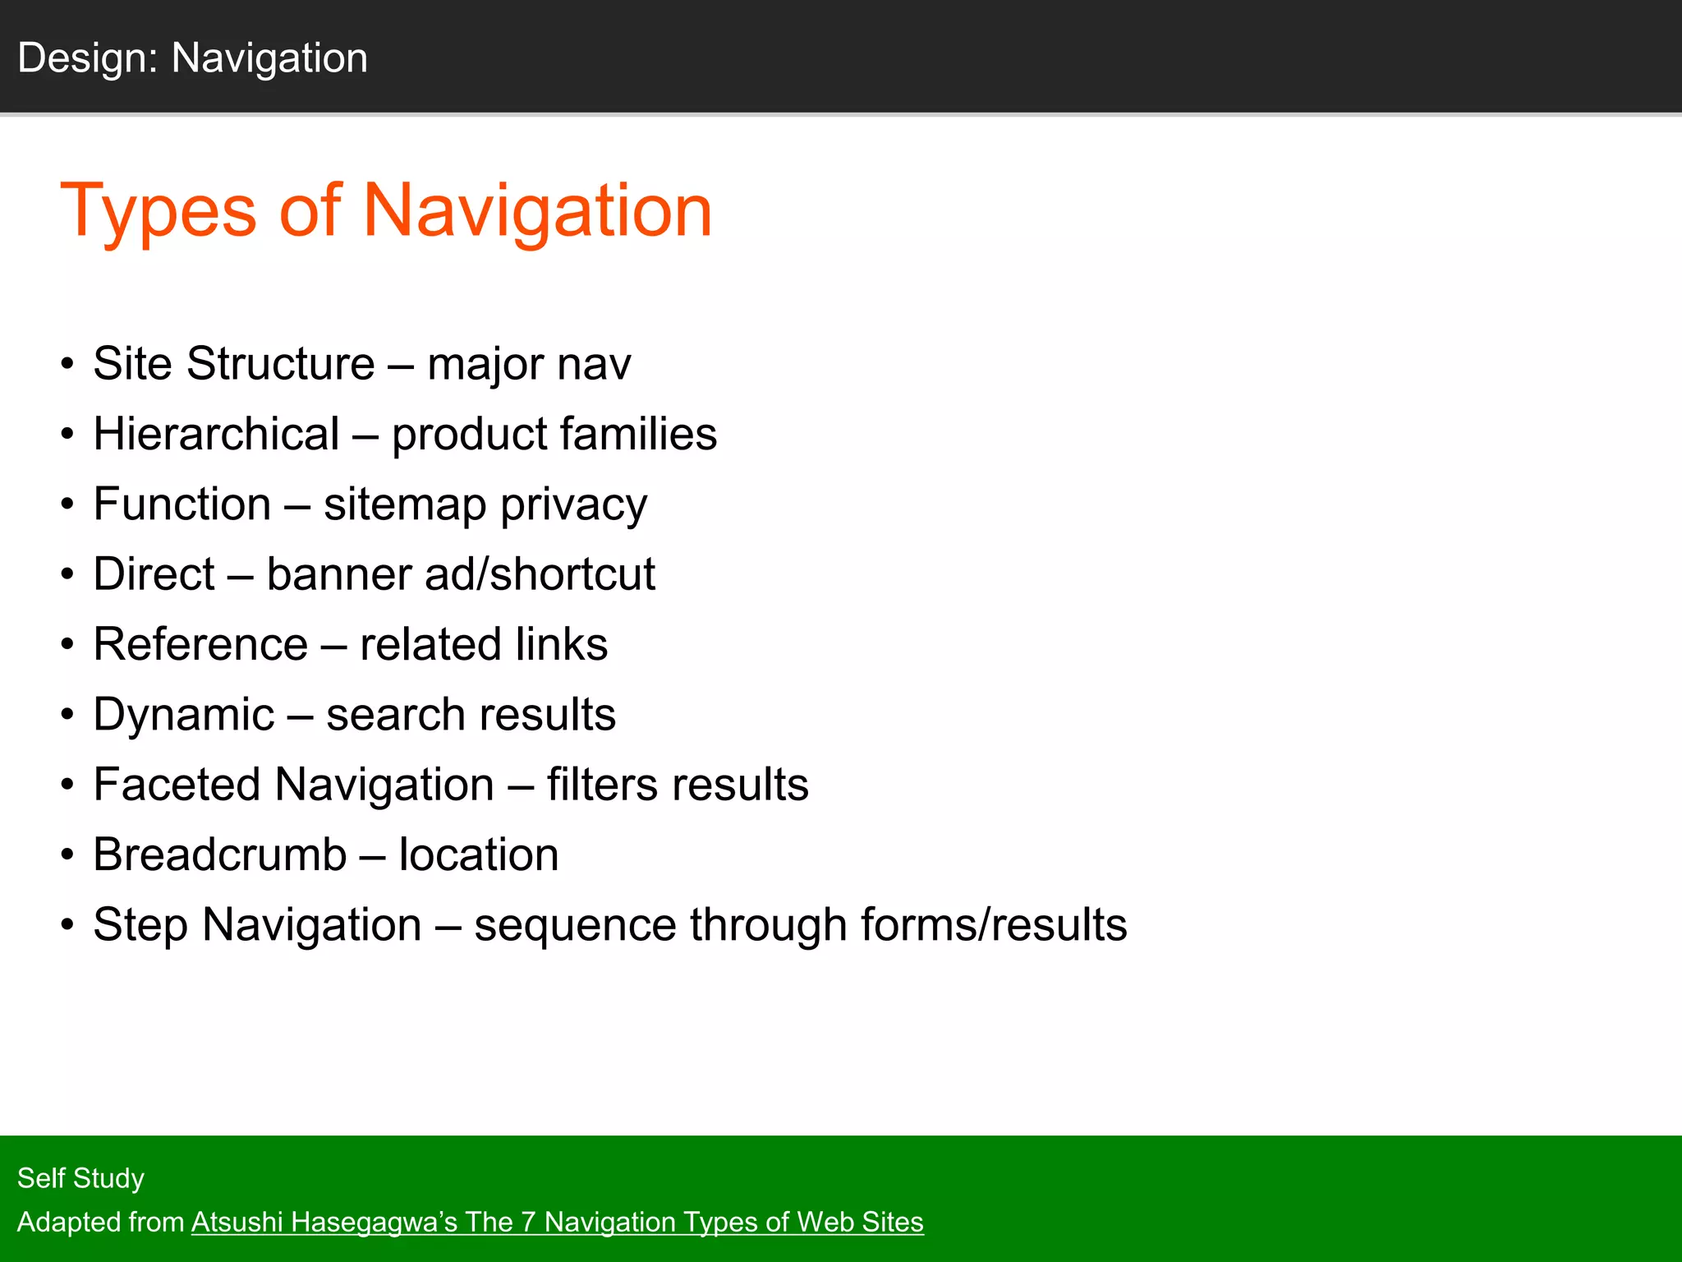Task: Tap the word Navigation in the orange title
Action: click(x=537, y=211)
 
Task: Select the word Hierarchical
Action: click(x=216, y=434)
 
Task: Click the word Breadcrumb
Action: click(x=219, y=854)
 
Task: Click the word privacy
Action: click(x=573, y=504)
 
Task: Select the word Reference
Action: click(x=200, y=644)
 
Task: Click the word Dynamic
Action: click(x=183, y=715)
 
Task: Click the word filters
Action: click(x=602, y=785)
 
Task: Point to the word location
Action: click(x=479, y=854)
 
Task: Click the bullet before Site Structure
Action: click(x=67, y=364)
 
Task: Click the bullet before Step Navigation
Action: click(x=67, y=925)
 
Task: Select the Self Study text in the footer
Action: click(x=80, y=1178)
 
